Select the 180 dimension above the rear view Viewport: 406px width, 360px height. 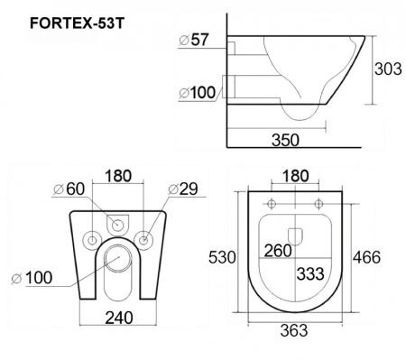pos(119,177)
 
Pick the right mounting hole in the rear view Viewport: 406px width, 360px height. pos(143,238)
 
